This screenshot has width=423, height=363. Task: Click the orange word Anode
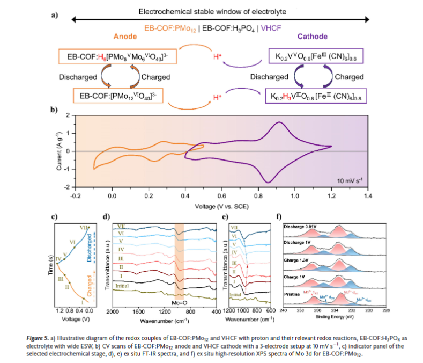[126, 37]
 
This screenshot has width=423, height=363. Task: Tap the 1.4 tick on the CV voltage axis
[368, 197]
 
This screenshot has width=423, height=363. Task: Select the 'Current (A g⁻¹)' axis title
[60, 151]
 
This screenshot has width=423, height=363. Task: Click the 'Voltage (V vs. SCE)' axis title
[221, 206]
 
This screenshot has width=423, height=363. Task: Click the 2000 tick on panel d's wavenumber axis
[113, 312]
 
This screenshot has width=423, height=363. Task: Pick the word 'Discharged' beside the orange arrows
[78, 77]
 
